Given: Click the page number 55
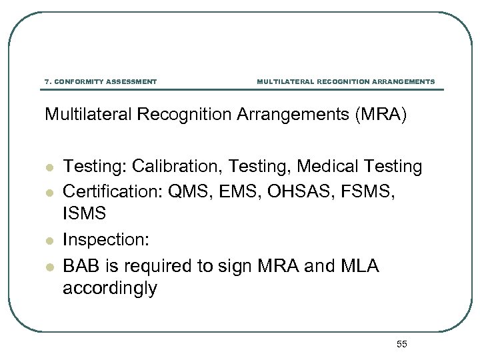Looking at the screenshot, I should click(x=401, y=344).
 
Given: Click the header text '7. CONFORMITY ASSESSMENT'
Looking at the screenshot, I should click(x=101, y=82).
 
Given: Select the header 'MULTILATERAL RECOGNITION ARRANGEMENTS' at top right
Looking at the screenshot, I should click(x=345, y=82).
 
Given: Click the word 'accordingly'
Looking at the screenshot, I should click(x=110, y=289).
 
